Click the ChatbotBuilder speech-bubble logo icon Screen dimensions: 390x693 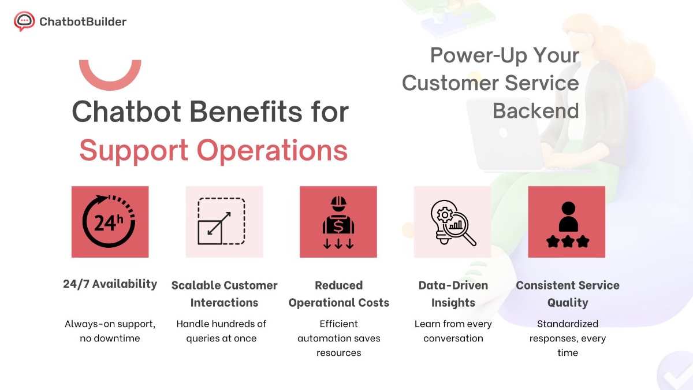click(24, 21)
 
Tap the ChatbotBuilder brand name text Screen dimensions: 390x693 click(83, 22)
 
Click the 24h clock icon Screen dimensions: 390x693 click(110, 222)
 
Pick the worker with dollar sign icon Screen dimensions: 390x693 click(338, 222)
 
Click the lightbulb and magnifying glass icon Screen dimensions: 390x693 click(453, 222)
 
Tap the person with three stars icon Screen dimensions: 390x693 click(567, 222)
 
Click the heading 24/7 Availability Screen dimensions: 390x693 click(110, 284)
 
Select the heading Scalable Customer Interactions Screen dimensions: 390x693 click(224, 294)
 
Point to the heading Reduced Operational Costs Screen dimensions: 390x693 click(338, 294)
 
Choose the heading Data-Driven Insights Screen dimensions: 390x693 click(453, 294)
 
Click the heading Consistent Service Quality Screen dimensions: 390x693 click(567, 294)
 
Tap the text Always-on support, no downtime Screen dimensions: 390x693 click(110, 330)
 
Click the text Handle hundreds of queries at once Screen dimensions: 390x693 click(221, 330)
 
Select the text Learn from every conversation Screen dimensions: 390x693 click(453, 330)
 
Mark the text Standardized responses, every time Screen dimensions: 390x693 click(567, 338)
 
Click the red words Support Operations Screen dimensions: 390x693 click(213, 150)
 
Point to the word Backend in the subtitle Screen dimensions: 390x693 click(535, 110)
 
